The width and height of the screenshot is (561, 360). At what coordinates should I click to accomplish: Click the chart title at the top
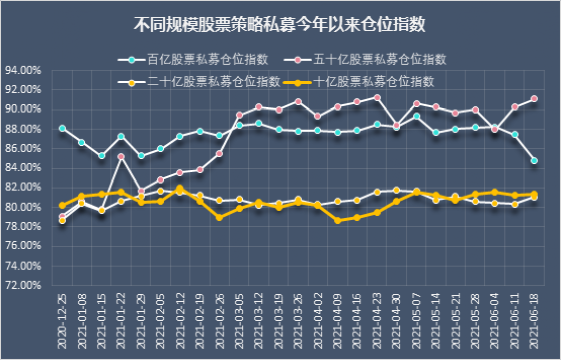click(280, 21)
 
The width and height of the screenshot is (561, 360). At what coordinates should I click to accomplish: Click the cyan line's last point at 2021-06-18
click(534, 160)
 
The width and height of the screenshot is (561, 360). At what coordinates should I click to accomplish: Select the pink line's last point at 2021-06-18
click(534, 99)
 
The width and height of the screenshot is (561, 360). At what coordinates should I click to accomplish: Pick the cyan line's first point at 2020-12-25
click(62, 128)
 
